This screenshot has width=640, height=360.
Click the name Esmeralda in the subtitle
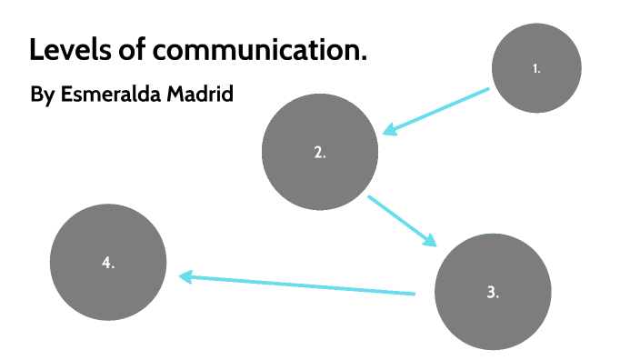point(112,94)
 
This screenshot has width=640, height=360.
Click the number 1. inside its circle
point(536,68)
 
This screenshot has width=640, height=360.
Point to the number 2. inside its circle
point(319,153)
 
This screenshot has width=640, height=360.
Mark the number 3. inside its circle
point(493,293)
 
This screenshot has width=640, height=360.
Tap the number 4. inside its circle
point(107,263)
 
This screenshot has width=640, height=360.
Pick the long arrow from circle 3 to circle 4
point(300,285)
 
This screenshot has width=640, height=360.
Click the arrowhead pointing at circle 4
point(185,276)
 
